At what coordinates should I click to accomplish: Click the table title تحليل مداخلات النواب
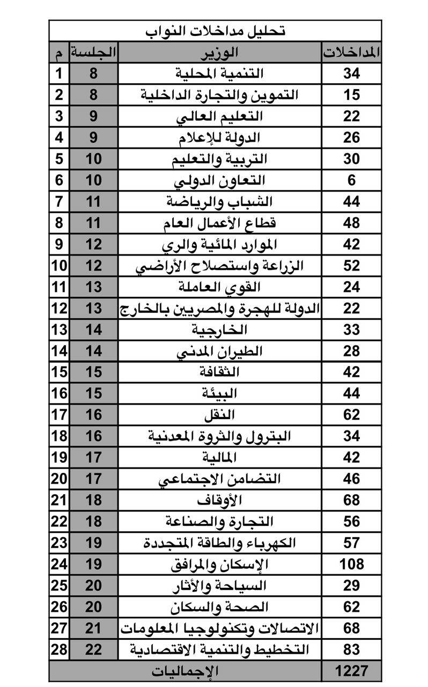(x=215, y=31)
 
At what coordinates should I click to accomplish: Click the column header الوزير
(x=219, y=53)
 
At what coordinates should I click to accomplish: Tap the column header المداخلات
(x=352, y=53)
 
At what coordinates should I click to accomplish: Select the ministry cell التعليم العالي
(x=219, y=116)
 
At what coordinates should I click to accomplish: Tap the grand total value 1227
(x=351, y=670)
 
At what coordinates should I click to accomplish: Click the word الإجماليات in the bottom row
(x=185, y=670)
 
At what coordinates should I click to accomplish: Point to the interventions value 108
(x=351, y=564)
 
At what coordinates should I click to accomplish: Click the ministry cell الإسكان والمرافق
(x=219, y=564)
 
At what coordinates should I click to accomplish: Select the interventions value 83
(x=351, y=649)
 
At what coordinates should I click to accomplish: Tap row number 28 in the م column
(x=59, y=649)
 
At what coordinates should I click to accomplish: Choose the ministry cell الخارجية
(x=219, y=330)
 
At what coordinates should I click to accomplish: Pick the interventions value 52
(x=351, y=266)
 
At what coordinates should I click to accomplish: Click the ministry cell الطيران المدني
(x=219, y=351)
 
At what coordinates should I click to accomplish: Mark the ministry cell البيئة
(x=219, y=393)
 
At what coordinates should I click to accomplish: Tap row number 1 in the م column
(x=59, y=74)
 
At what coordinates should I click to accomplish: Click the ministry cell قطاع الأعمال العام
(x=219, y=223)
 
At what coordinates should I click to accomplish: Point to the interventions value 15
(x=351, y=95)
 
